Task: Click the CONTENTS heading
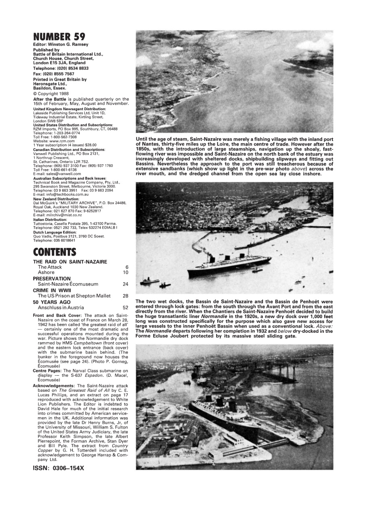[x=54, y=252]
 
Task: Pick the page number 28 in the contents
[x=125, y=296]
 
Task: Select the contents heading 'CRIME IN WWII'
[x=52, y=290]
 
